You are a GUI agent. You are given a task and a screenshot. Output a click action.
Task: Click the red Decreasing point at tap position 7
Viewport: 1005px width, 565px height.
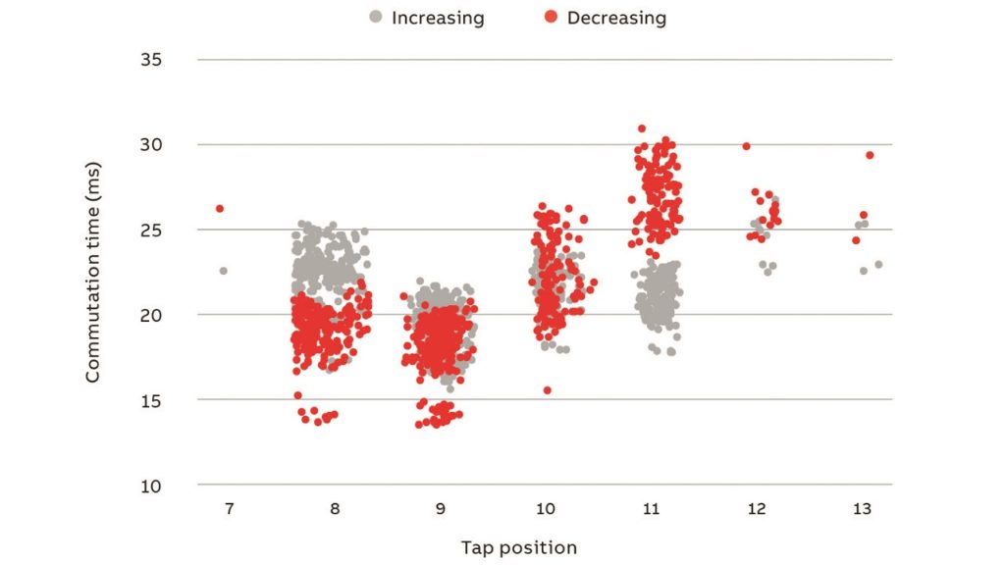(220, 209)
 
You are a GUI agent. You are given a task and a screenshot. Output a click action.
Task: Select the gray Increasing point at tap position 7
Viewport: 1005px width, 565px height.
(223, 271)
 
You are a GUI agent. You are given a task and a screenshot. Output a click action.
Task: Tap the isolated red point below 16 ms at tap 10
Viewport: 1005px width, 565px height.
(547, 390)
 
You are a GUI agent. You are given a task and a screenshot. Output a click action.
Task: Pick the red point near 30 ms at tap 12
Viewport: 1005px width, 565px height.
(746, 146)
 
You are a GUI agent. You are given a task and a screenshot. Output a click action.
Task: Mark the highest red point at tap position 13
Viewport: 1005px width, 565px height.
(869, 155)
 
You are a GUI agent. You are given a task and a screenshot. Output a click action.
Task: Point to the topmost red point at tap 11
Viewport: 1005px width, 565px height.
(642, 128)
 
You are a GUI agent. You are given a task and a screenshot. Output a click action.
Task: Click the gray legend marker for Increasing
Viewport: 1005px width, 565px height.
(375, 17)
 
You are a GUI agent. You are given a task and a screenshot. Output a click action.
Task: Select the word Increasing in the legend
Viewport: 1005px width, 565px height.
(438, 18)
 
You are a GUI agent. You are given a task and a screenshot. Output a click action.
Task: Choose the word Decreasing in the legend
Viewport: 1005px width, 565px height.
(616, 18)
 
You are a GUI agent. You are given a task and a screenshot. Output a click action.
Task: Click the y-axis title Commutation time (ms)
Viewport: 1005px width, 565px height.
(93, 272)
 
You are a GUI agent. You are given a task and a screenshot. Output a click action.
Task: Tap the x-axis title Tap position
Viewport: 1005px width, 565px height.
(519, 547)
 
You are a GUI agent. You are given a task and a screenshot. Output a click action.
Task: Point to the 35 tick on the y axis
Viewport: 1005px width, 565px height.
(150, 60)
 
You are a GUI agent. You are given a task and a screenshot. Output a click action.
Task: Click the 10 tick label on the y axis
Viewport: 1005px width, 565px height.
(150, 486)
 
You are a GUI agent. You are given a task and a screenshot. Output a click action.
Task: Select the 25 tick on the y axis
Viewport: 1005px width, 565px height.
(150, 231)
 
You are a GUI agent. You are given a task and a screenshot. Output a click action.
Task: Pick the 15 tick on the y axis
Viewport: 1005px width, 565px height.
(150, 400)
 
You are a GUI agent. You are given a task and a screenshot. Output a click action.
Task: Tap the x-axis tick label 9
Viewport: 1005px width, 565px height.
(441, 508)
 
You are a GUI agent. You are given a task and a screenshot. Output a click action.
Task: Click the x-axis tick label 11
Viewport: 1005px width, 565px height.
(652, 508)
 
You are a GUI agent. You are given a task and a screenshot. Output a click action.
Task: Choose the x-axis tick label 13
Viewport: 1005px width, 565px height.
(863, 508)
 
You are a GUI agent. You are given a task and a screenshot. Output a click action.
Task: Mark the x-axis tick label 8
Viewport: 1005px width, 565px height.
(336, 508)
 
